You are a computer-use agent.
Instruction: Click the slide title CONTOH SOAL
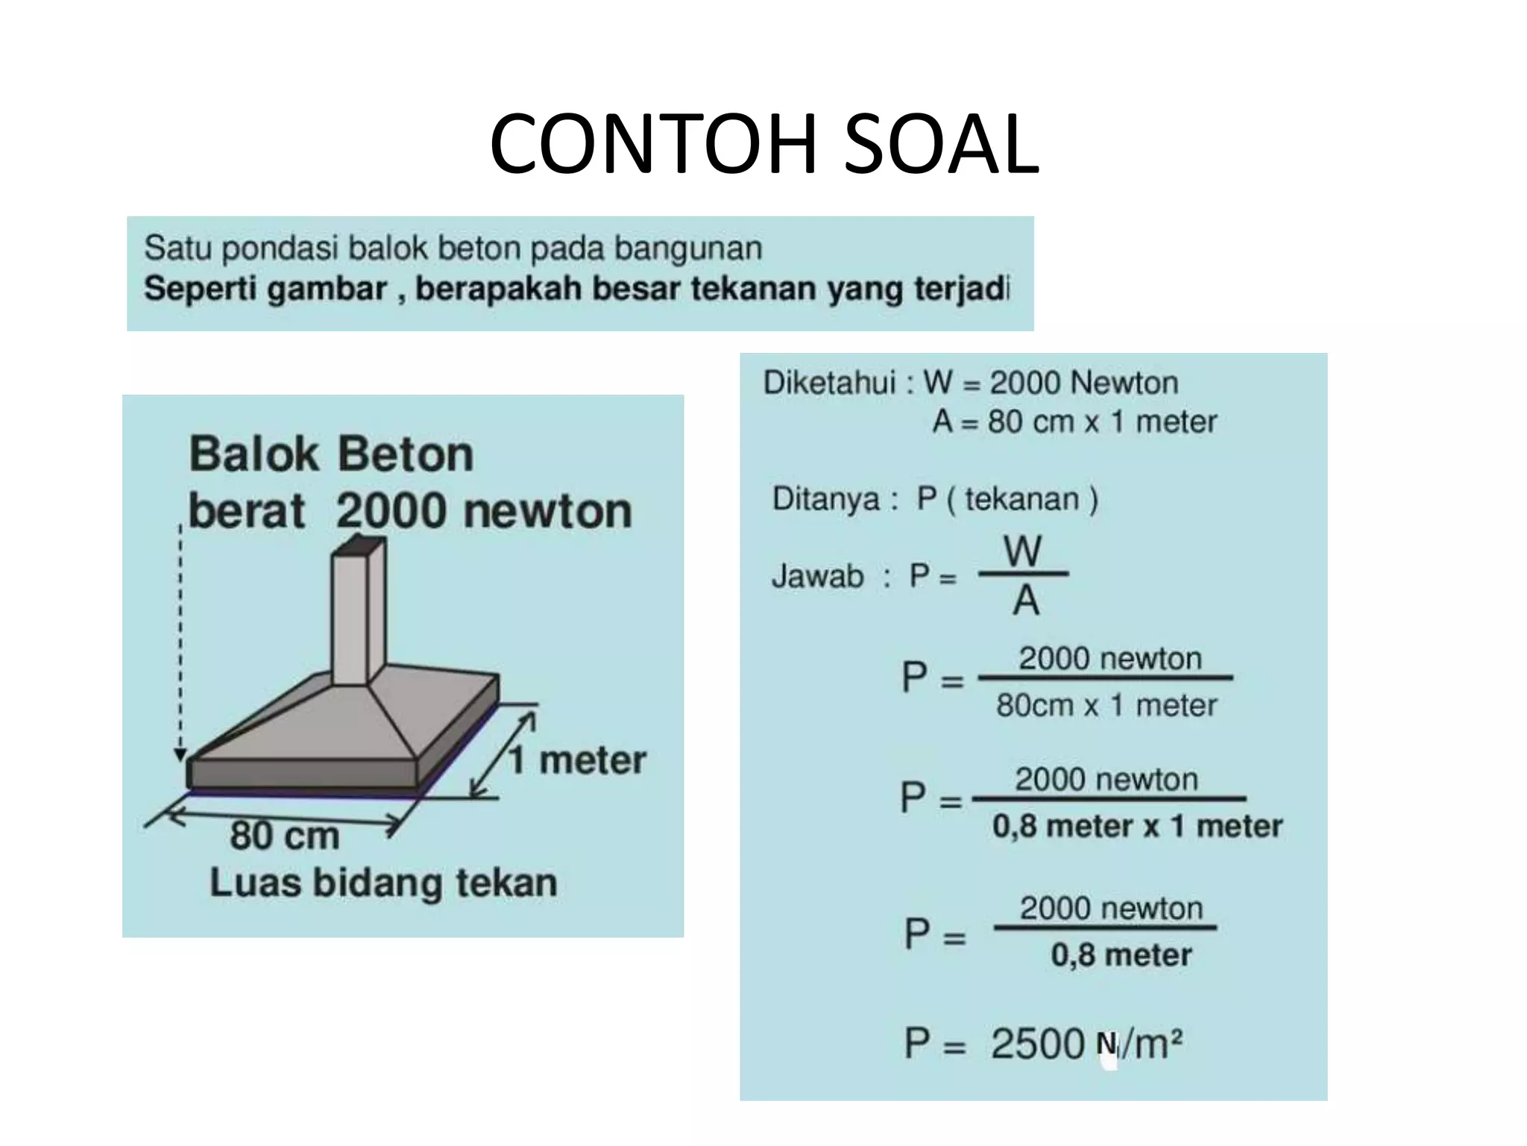point(763,144)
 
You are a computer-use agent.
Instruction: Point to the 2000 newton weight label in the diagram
point(483,511)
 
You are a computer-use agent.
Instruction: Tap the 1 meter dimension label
point(578,760)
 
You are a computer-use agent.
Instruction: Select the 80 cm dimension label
point(284,835)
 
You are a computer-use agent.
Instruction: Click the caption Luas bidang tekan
point(383,883)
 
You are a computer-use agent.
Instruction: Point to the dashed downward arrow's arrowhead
point(180,754)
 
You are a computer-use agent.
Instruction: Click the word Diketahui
point(829,383)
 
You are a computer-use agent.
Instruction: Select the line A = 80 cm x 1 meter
point(1074,422)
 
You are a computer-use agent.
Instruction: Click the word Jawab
point(817,576)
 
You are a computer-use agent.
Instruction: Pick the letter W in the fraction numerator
point(1022,551)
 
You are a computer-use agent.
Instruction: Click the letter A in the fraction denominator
point(1026,601)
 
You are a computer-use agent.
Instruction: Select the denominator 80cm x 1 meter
point(1106,705)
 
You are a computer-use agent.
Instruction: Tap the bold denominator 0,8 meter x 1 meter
point(1137,826)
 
